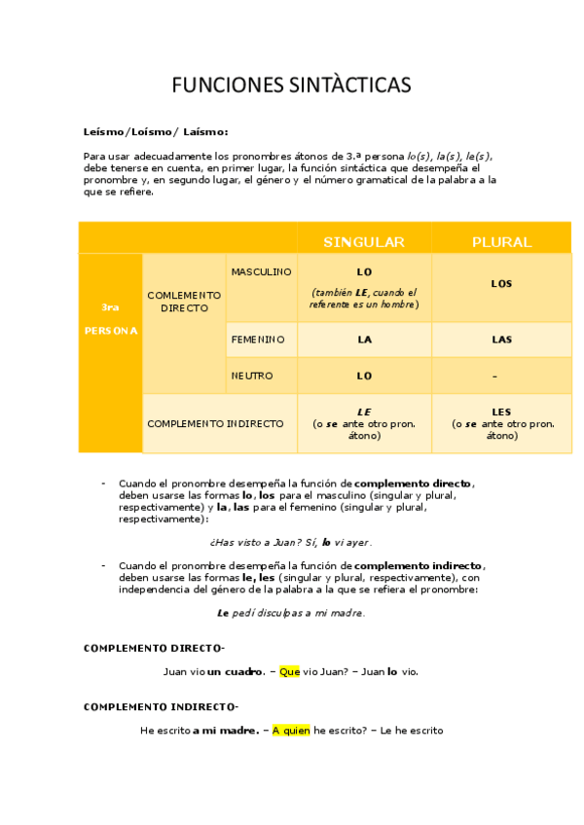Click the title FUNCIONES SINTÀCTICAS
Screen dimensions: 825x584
point(291,86)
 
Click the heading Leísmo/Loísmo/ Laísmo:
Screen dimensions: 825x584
point(156,131)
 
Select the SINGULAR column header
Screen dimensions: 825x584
point(364,242)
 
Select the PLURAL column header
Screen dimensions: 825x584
point(501,242)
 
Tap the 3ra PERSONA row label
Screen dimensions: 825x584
point(110,319)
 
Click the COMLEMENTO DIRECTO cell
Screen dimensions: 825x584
point(184,301)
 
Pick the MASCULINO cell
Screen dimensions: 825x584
point(261,272)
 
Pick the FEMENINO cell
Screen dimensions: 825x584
point(257,340)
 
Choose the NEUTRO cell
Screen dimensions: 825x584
point(252,376)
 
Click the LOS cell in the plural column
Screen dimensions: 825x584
point(501,284)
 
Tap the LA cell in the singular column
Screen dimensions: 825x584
point(364,340)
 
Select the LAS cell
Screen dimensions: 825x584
point(501,340)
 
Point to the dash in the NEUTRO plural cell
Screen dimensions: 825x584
point(495,377)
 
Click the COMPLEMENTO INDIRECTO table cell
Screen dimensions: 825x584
point(215,424)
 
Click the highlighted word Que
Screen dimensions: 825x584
point(289,671)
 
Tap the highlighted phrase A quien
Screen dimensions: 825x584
point(290,731)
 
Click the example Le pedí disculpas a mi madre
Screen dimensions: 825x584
point(290,613)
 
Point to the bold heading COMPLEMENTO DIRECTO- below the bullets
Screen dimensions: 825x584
point(154,648)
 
